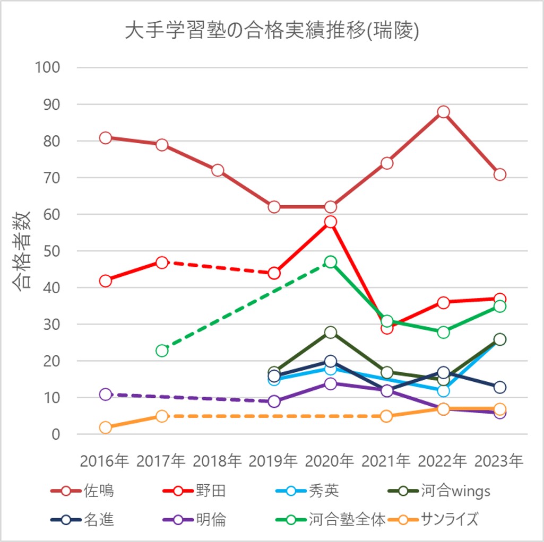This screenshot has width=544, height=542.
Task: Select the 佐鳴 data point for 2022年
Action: click(x=443, y=112)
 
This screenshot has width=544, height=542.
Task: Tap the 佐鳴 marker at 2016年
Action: click(x=106, y=138)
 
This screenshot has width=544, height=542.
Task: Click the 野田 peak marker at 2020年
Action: click(x=331, y=222)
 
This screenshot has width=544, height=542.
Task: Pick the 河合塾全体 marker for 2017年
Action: click(x=162, y=351)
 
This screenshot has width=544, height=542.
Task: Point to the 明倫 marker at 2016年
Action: click(x=106, y=395)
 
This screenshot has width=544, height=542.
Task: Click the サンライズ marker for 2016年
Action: click(x=106, y=427)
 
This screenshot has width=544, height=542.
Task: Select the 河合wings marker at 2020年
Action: click(x=331, y=333)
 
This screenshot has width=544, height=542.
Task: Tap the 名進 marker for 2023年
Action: click(x=499, y=387)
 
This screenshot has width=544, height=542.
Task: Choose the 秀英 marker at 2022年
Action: click(x=443, y=391)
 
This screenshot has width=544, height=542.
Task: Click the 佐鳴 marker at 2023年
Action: click(x=499, y=174)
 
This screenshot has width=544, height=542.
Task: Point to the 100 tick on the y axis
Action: click(x=47, y=67)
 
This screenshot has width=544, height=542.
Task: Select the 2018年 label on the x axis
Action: click(x=218, y=461)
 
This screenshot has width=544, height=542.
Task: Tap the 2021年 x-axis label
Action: click(x=386, y=461)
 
